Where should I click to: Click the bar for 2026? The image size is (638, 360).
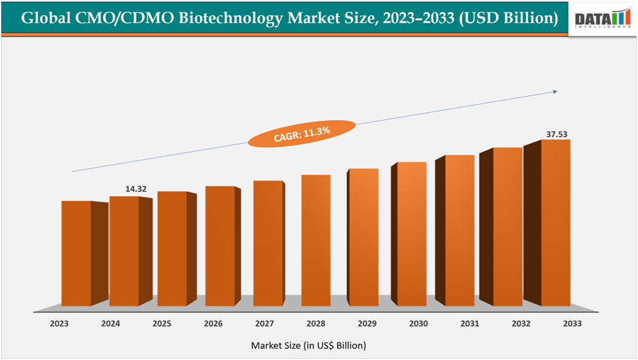220,246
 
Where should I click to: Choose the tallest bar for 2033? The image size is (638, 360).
556,222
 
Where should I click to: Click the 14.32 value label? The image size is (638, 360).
136,189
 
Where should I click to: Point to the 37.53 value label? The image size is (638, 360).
557,134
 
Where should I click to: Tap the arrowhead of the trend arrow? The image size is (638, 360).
555,92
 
